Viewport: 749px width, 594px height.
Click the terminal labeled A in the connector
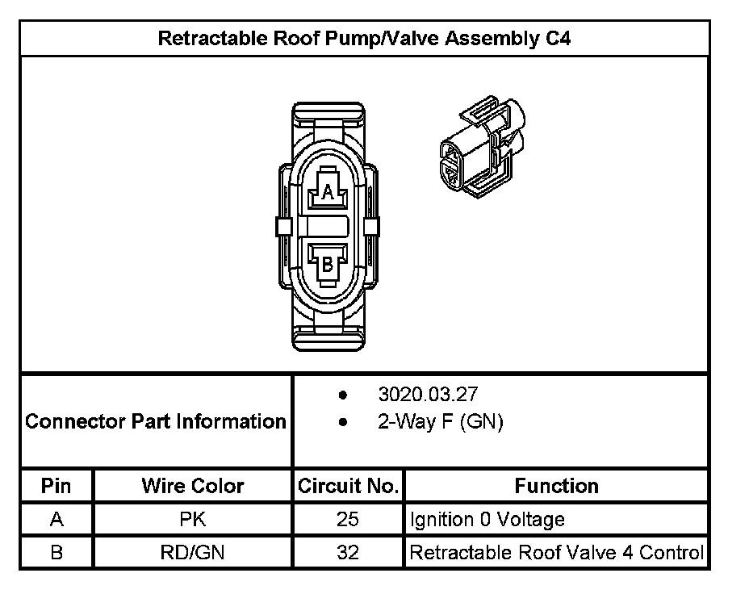click(x=328, y=192)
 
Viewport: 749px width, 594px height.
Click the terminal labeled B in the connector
click(x=328, y=263)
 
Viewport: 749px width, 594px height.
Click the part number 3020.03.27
click(x=428, y=395)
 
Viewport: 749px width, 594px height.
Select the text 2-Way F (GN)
click(x=440, y=422)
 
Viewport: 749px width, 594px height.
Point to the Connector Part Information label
click(x=156, y=421)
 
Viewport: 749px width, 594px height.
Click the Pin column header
click(x=56, y=486)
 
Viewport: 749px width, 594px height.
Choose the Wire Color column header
click(x=193, y=486)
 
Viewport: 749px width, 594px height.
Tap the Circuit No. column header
click(x=348, y=486)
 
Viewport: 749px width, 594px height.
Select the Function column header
click(x=556, y=486)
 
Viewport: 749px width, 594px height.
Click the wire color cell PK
click(x=193, y=520)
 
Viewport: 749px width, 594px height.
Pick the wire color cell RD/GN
click(x=193, y=553)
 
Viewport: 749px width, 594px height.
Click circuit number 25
click(x=348, y=520)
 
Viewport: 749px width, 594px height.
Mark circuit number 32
click(x=348, y=553)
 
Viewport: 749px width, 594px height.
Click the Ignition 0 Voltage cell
click(x=487, y=520)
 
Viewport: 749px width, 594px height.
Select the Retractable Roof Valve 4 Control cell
click(x=557, y=553)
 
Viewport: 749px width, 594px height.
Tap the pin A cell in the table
click(x=56, y=520)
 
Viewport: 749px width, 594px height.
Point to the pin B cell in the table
click(x=56, y=553)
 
